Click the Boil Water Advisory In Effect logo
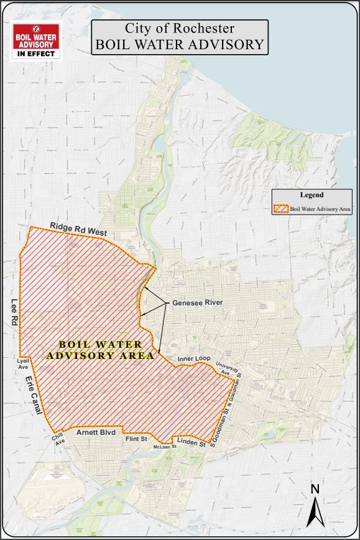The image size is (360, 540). click(x=36, y=40)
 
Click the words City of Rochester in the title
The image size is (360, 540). click(x=180, y=29)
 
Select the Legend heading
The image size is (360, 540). click(x=312, y=195)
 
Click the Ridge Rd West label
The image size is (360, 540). click(x=78, y=228)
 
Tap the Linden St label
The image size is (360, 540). click(x=192, y=443)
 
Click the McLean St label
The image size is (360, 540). click(x=165, y=447)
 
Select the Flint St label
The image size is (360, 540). click(x=136, y=439)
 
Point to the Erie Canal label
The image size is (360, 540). click(x=34, y=398)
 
